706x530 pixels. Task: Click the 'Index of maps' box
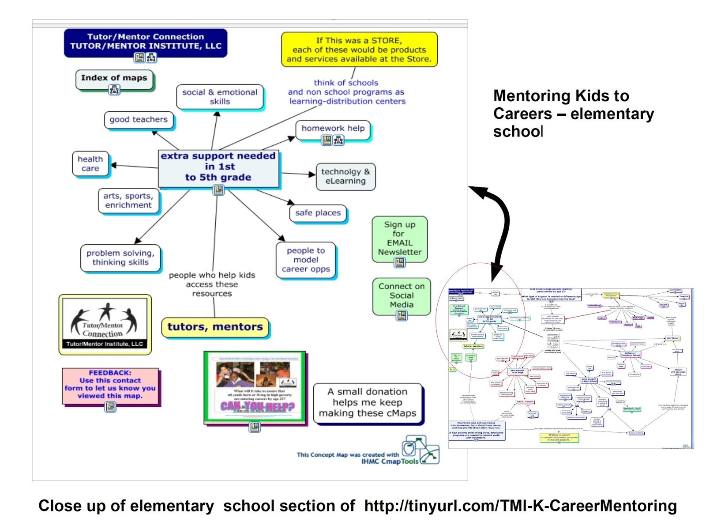tap(114, 78)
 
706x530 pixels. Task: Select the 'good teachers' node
tap(139, 120)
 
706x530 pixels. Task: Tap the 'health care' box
tap(90, 163)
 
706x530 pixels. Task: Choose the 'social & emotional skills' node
tap(220, 97)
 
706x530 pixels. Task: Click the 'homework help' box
tap(333, 129)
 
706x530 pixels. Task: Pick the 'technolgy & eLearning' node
tap(345, 176)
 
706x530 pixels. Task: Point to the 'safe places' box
tap(318, 213)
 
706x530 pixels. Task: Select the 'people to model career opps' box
tap(306, 260)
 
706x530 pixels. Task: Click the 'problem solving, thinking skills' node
tap(120, 257)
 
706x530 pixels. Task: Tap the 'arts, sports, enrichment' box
tap(128, 201)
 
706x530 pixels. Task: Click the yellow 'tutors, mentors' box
tap(215, 327)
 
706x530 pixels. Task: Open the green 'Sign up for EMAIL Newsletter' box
tap(399, 238)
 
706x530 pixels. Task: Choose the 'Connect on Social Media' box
tap(402, 295)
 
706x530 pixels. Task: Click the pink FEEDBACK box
tap(110, 385)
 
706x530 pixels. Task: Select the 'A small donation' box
tap(368, 402)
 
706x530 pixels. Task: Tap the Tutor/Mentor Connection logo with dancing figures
tap(105, 324)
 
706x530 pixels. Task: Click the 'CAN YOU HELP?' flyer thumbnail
tap(255, 387)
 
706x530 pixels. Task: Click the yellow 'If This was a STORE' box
tap(359, 49)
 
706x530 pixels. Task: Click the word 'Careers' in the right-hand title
tap(522, 114)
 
